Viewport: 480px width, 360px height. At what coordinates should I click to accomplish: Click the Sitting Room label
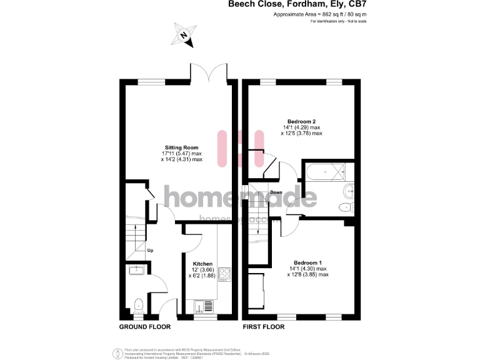tap(182, 147)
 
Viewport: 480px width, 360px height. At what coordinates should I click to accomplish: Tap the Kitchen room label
tap(202, 264)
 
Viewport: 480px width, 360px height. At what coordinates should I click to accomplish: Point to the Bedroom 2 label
tap(301, 121)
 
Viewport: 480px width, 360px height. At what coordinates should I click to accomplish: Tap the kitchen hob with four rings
tap(224, 275)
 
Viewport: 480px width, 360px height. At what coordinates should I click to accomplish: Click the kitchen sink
tap(203, 306)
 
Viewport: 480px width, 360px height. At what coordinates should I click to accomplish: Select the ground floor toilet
tap(139, 305)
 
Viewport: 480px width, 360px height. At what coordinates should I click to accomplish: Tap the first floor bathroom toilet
tap(346, 207)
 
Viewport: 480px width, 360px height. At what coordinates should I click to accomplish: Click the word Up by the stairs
tap(150, 251)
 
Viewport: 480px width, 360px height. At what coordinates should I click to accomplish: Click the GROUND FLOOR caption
tap(145, 327)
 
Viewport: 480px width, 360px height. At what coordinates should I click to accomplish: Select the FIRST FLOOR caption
tap(263, 327)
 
